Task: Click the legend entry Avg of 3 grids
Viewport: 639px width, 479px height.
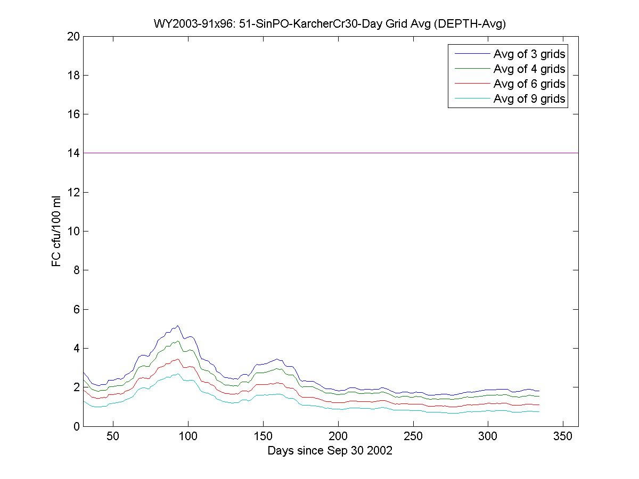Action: pos(529,54)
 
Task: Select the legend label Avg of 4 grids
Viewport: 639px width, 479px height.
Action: pos(529,69)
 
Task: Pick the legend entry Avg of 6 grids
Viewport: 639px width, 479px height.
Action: pos(529,84)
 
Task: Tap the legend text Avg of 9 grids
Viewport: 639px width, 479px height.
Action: pos(529,98)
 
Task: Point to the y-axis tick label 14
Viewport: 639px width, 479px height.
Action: pos(74,153)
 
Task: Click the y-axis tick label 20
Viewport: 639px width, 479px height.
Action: pos(74,36)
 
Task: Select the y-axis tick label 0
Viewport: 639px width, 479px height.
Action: pos(77,426)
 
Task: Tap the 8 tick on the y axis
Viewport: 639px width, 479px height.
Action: pos(77,270)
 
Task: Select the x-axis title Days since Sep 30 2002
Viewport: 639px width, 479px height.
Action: pos(330,451)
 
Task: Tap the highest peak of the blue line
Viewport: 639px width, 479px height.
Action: pos(178,326)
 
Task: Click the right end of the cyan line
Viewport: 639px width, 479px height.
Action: pos(539,411)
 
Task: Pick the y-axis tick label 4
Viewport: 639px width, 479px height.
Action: pos(77,348)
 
